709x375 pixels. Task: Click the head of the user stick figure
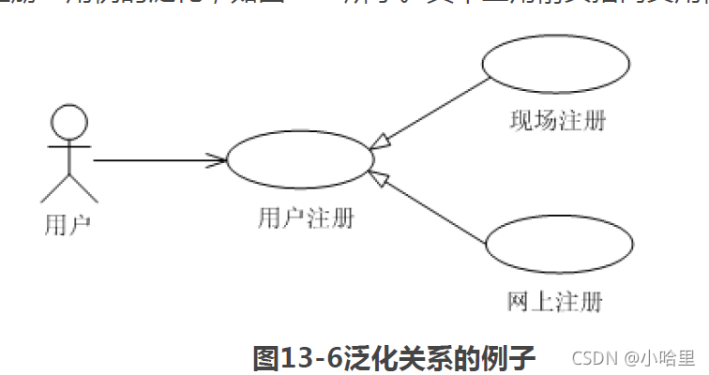click(x=68, y=122)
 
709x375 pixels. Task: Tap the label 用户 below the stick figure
click(x=68, y=225)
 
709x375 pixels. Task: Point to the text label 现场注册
click(x=556, y=121)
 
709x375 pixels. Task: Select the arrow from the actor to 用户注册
click(x=159, y=159)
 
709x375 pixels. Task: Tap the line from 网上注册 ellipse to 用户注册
click(x=431, y=211)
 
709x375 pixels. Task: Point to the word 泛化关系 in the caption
click(x=394, y=358)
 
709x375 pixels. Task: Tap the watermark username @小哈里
click(x=660, y=358)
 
